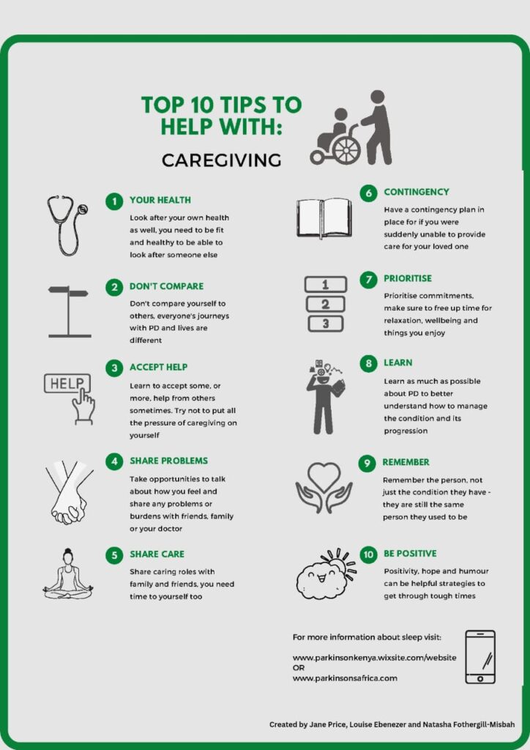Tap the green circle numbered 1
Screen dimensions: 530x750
(114, 201)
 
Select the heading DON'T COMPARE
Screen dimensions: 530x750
(166, 286)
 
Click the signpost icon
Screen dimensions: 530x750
(69, 311)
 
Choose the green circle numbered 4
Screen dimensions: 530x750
(114, 461)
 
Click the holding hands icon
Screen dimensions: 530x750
(70, 492)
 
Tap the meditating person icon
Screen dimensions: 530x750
(68, 573)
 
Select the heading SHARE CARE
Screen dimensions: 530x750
(157, 554)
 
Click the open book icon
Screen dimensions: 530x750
(324, 218)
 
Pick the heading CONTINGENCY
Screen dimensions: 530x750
(417, 192)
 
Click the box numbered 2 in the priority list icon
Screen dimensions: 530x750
(326, 304)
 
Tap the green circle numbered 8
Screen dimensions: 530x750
(368, 364)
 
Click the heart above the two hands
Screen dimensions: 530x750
(324, 475)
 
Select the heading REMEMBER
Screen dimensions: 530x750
(406, 462)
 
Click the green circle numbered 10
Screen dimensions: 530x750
(368, 555)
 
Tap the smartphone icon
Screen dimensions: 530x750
(480, 657)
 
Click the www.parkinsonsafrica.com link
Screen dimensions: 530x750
(345, 678)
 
